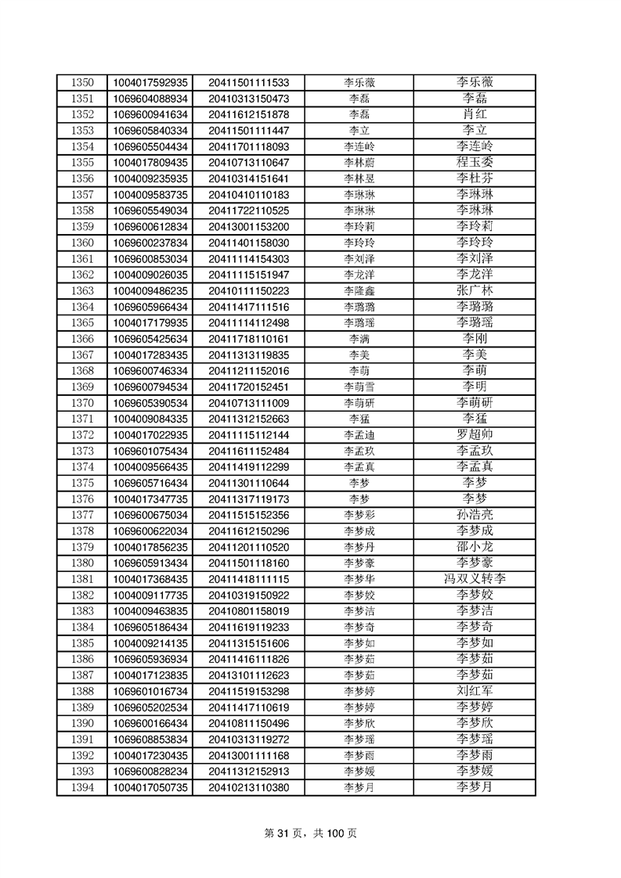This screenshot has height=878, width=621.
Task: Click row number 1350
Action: coord(82,82)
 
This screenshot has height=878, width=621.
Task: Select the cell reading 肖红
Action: coord(475,114)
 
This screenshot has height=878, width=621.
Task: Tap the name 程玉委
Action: coord(475,162)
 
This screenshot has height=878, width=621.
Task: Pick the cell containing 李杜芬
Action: coord(475,178)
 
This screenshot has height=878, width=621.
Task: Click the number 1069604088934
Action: coord(150,99)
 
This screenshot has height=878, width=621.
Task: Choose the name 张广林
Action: coord(475,290)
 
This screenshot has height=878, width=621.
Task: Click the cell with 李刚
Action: coord(475,339)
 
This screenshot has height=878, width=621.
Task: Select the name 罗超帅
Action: coord(475,434)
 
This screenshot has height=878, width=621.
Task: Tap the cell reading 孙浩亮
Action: coord(475,515)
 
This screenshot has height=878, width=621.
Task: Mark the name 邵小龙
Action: coord(475,547)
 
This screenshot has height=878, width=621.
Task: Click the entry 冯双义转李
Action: coord(475,579)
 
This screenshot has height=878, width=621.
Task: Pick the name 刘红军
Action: coord(475,691)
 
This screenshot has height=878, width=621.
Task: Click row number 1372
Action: coord(82,434)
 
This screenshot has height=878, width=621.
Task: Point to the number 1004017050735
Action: coord(150,787)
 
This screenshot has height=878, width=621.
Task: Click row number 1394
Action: coord(82,787)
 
